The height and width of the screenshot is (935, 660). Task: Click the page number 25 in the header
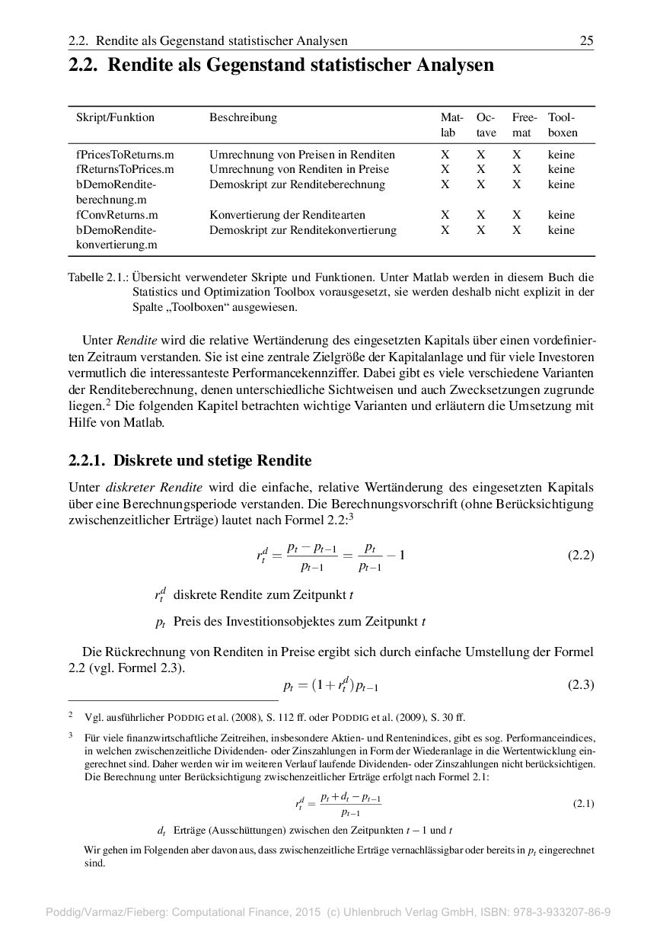pos(586,40)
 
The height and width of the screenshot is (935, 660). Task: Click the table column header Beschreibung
pos(243,117)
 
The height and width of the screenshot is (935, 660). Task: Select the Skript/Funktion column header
pos(115,117)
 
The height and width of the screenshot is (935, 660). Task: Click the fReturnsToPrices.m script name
pos(125,169)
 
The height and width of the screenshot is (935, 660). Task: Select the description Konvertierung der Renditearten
pos(287,215)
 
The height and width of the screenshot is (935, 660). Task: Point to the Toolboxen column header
pos(562,125)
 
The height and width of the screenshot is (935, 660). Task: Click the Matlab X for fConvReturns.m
pos(445,215)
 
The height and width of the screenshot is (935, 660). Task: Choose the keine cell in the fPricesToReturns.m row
pos(561,155)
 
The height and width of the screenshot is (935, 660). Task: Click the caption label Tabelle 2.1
pos(97,277)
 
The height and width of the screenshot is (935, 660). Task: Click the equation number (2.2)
pos(581,556)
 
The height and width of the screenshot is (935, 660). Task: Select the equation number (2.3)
pos(581,684)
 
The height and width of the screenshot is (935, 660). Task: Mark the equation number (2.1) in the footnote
pos(583,803)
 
